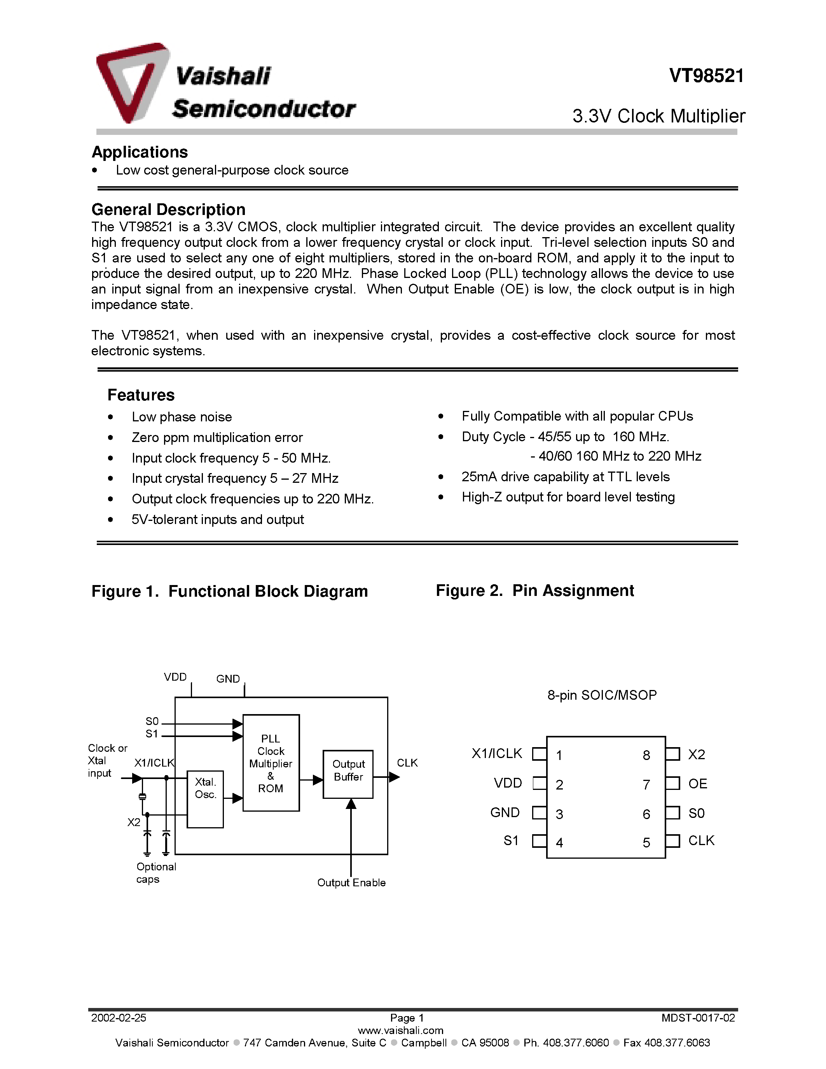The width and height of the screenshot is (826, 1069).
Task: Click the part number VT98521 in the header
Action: [x=706, y=76]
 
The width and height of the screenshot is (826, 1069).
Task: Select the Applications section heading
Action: [x=140, y=152]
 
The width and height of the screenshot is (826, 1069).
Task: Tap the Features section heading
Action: [x=141, y=395]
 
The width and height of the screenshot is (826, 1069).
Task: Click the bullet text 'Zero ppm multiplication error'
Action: [x=217, y=438]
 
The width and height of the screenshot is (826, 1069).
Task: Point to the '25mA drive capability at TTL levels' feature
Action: [x=565, y=477]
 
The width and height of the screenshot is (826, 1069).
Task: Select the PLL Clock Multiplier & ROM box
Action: [x=271, y=763]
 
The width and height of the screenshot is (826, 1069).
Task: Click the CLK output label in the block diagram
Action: [x=407, y=763]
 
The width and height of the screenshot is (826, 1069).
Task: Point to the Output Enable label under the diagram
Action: [x=351, y=882]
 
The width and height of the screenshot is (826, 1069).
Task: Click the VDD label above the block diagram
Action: [x=175, y=677]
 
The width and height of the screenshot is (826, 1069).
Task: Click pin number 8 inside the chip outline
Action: [x=646, y=755]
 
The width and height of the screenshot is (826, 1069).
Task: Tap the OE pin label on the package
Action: [x=697, y=784]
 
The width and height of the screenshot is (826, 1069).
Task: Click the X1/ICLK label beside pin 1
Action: [x=497, y=753]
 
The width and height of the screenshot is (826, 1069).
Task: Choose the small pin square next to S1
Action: [x=539, y=841]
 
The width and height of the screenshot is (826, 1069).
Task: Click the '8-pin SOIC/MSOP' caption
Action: [x=601, y=695]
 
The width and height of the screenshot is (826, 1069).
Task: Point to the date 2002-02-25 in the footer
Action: [x=119, y=1018]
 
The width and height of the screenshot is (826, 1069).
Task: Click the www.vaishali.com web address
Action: [x=400, y=1031]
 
